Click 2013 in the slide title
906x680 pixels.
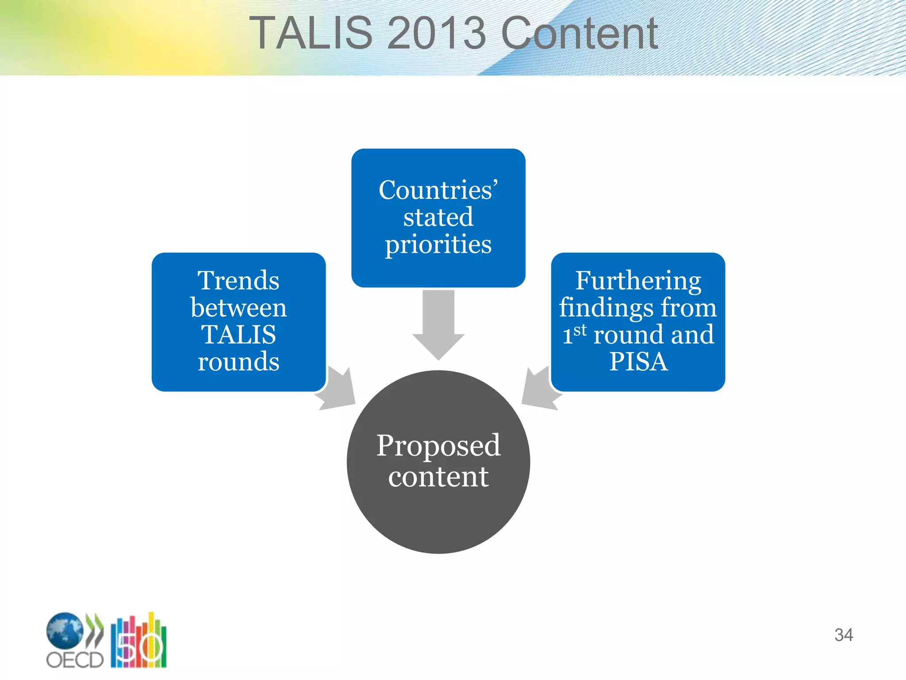point(436,33)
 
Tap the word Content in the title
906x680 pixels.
point(580,33)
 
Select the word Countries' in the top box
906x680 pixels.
point(438,190)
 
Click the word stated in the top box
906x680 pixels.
point(438,217)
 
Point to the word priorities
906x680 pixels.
point(438,244)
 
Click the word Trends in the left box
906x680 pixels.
point(238,280)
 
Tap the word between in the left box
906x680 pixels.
point(238,308)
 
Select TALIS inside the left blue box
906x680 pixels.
point(238,335)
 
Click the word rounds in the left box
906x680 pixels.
point(238,362)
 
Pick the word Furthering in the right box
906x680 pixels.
point(638,280)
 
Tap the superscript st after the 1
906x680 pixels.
point(580,330)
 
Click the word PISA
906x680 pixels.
point(638,362)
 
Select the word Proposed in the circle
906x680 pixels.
point(438,445)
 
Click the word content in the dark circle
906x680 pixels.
point(438,477)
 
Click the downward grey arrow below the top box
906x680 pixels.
point(438,323)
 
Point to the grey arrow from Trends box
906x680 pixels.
point(338,390)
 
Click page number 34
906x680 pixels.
point(843,635)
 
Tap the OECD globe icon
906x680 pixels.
point(65,630)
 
